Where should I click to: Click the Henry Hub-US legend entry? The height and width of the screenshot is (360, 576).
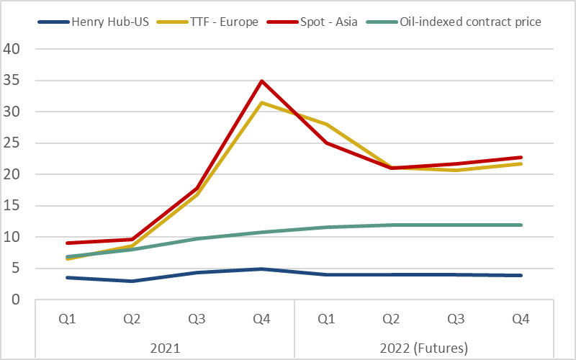tap(102, 22)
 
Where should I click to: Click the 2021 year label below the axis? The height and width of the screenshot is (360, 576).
tap(164, 348)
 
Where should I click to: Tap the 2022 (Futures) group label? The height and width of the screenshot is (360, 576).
tap(424, 348)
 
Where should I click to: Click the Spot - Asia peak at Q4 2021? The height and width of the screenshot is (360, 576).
tap(261, 81)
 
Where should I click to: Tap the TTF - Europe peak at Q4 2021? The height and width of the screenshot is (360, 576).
tap(261, 102)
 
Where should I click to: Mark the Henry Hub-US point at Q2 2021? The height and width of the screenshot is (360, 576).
tap(132, 281)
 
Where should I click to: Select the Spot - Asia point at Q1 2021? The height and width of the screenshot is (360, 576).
tap(67, 243)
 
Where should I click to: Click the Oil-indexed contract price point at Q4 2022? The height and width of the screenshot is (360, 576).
tap(521, 225)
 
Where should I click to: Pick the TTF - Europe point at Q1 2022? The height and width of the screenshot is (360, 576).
tap(327, 125)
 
